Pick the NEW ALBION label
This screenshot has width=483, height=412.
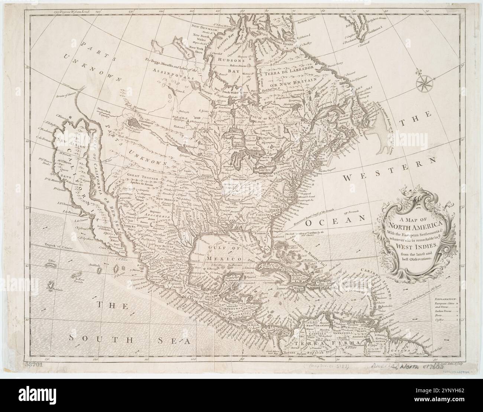[x=72, y=140]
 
